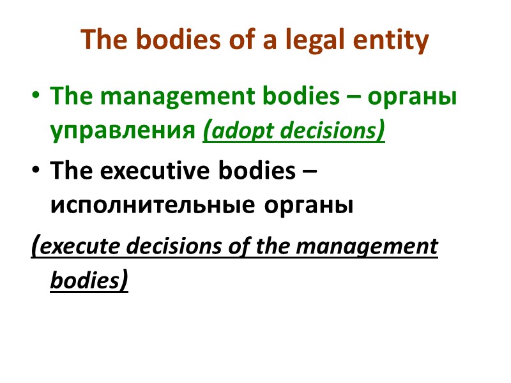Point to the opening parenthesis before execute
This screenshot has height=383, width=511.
[35, 245]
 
